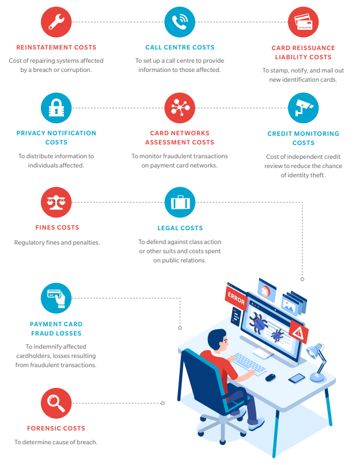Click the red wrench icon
[56, 22]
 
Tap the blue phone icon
[180, 22]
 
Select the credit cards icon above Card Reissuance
[303, 22]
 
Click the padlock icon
[56, 108]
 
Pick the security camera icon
[303, 108]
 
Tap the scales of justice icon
[56, 202]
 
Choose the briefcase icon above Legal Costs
[180, 202]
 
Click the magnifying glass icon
[56, 403]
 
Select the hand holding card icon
[56, 298]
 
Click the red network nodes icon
[180, 108]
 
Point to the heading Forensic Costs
[56, 428]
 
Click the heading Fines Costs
[57, 227]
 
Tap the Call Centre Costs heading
[180, 47]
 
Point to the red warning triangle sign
[298, 332]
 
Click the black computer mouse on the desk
[270, 377]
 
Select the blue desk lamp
[317, 363]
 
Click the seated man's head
[218, 341]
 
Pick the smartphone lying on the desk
[297, 378]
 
